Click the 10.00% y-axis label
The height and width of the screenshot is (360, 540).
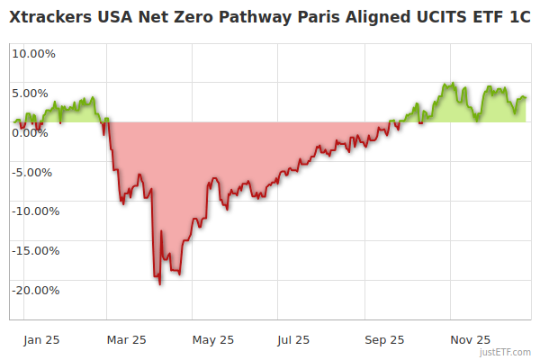(33, 53)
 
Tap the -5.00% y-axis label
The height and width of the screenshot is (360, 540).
(34, 172)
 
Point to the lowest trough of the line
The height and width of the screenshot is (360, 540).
(160, 284)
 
